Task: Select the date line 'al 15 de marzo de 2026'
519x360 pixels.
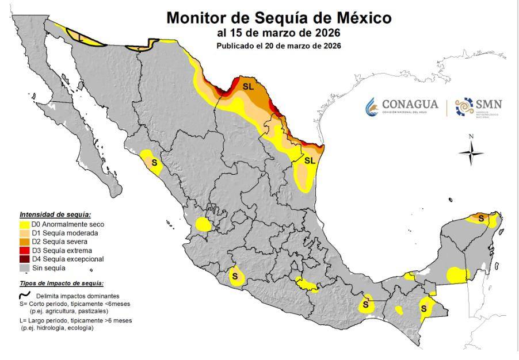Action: (278, 33)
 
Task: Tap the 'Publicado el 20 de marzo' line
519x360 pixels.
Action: (278, 45)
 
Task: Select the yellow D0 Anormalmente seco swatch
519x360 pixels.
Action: (25, 224)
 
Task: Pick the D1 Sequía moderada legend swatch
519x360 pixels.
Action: (25, 233)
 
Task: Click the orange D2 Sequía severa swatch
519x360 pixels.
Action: (25, 242)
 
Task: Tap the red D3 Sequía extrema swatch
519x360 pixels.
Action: (25, 250)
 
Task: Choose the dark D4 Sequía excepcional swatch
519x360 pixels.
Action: (25, 259)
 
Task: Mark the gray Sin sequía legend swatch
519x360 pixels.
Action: (25, 267)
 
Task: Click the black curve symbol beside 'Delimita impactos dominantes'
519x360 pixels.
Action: (24, 294)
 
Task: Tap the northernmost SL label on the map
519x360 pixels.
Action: (248, 86)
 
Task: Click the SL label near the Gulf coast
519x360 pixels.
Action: (310, 160)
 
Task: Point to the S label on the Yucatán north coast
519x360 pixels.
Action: (480, 217)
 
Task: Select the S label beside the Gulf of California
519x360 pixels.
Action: (154, 162)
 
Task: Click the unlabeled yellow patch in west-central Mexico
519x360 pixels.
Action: (204, 224)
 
